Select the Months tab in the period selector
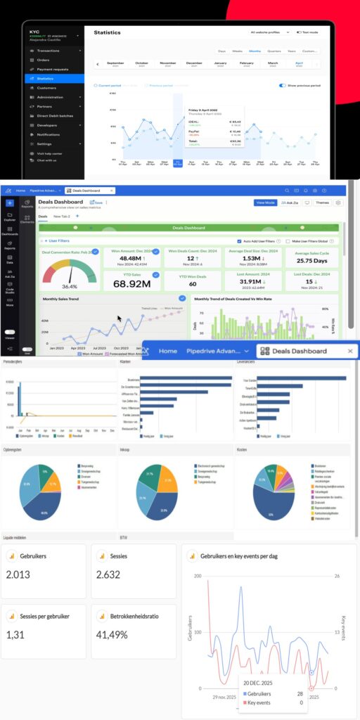tap(255, 51)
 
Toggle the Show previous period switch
tap(282, 85)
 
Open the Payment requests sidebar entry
tap(53, 69)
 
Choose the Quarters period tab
tap(273, 51)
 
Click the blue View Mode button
tap(265, 202)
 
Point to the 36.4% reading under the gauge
tap(70, 287)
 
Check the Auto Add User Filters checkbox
tap(239, 240)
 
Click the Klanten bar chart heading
tap(125, 361)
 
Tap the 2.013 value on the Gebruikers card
tap(19, 574)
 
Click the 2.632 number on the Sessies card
tap(110, 574)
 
